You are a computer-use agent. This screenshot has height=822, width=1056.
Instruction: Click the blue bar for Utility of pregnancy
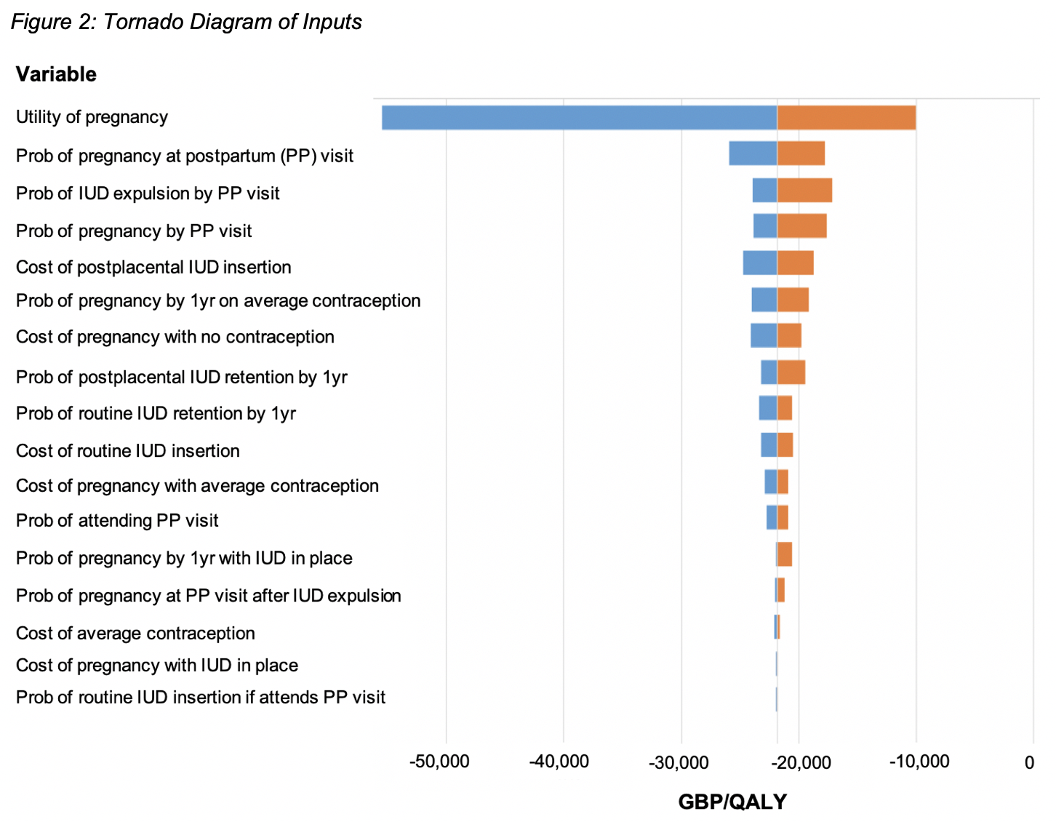(579, 118)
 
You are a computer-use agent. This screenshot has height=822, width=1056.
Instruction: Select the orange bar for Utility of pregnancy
(846, 118)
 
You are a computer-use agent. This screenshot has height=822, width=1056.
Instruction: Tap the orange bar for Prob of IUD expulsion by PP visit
(804, 191)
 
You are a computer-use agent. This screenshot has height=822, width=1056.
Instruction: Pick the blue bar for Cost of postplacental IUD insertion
(760, 263)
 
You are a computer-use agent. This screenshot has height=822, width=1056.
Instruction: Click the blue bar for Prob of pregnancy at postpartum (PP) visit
(753, 154)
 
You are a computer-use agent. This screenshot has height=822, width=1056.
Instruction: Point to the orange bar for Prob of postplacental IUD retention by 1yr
(791, 372)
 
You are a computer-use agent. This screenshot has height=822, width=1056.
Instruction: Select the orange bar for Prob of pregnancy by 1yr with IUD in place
(785, 554)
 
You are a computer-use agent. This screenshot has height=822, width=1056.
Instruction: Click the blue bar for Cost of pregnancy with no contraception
(764, 336)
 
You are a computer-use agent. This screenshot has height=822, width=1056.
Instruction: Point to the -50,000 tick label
(439, 762)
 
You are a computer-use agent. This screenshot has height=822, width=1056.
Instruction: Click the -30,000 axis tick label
(678, 762)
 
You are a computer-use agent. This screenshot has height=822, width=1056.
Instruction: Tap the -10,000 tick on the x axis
(919, 762)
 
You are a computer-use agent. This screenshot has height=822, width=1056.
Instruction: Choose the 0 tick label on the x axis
(1029, 762)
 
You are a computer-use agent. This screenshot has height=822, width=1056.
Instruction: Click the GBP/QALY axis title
(732, 802)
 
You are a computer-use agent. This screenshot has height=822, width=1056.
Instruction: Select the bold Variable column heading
(56, 74)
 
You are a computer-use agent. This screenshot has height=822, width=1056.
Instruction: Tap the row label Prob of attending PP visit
(117, 521)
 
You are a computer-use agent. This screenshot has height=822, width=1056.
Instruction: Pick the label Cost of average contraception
(135, 634)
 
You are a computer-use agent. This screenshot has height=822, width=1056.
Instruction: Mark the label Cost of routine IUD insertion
(128, 451)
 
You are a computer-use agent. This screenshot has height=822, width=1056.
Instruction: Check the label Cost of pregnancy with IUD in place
(157, 666)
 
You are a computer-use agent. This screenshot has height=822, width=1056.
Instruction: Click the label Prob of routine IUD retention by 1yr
(156, 414)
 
